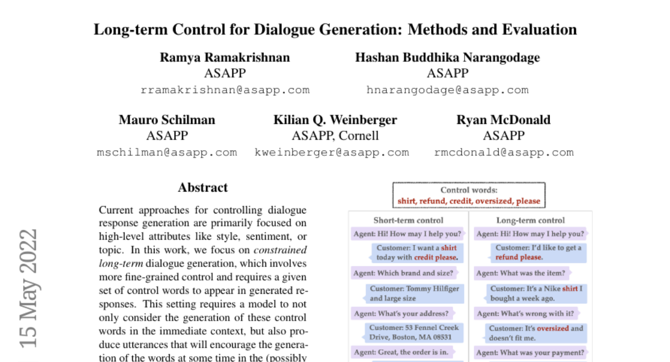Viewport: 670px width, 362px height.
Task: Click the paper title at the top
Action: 335,29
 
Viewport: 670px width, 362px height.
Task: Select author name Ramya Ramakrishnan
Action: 225,58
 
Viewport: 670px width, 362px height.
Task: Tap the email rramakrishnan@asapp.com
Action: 225,90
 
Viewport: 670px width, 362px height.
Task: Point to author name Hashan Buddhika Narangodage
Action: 447,58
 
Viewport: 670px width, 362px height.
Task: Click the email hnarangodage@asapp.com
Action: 447,90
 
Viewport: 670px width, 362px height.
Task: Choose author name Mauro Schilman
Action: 167,120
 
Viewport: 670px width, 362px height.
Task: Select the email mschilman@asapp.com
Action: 167,152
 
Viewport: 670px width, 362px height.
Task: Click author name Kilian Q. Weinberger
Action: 335,120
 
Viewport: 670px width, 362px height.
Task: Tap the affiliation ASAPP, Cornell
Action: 335,136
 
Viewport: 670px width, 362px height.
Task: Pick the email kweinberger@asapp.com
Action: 332,152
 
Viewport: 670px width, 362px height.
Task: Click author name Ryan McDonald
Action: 504,120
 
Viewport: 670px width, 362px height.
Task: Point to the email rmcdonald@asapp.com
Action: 504,152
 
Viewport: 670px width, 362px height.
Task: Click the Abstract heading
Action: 203,188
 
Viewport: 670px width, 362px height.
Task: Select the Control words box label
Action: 468,190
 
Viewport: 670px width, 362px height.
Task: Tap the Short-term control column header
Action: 409,220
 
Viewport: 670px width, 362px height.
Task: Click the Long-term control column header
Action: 530,220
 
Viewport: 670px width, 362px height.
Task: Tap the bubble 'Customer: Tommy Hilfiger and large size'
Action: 414,293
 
